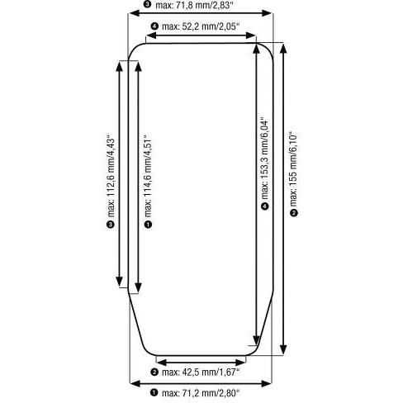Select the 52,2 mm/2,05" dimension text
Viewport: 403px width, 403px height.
[201, 26]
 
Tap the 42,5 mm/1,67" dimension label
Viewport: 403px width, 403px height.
[201, 372]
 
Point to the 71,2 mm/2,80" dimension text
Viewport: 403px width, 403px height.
[201, 393]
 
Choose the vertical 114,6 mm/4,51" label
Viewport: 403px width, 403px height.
[148, 176]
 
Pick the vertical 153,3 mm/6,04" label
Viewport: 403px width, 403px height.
[265, 159]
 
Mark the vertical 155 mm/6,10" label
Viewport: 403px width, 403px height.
[294, 170]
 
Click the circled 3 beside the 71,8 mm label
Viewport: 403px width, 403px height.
[148, 4]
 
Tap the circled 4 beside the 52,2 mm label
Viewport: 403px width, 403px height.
[154, 26]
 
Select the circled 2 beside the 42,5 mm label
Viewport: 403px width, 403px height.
[154, 372]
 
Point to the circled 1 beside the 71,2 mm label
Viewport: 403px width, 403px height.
[154, 392]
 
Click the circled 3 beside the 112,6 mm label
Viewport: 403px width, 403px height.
[111, 225]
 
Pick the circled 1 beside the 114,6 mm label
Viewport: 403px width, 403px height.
[148, 225]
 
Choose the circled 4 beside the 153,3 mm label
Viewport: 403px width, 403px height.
[265, 206]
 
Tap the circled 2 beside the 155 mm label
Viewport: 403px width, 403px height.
[294, 213]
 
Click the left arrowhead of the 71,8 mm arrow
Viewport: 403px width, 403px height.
[135, 13]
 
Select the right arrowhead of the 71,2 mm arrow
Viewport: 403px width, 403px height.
[266, 384]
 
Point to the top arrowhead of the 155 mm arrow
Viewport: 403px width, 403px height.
[284, 48]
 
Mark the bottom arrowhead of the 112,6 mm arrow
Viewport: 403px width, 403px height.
[119, 282]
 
